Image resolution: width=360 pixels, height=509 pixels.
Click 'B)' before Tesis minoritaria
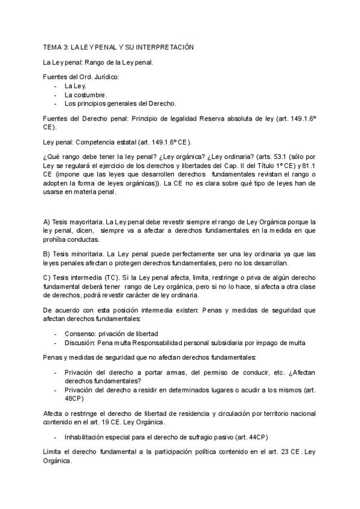point(47,254)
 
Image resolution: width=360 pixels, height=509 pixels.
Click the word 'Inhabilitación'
point(86,436)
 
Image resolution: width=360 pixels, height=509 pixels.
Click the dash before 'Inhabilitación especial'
point(56,436)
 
